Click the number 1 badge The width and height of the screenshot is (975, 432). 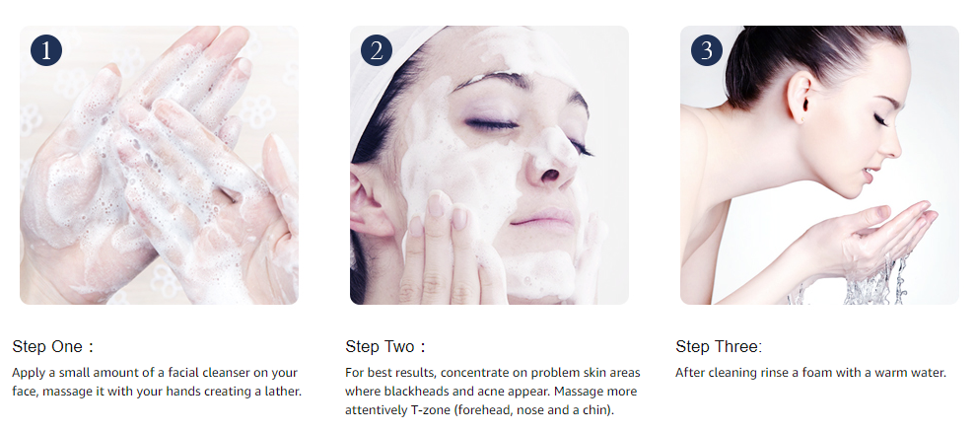[x=46, y=49]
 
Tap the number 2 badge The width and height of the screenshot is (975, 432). [x=377, y=49]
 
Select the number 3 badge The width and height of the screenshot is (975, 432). [x=707, y=49]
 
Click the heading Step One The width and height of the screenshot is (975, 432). [x=52, y=347]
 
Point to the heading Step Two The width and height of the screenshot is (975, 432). [x=384, y=347]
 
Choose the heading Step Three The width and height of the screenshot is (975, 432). [x=719, y=347]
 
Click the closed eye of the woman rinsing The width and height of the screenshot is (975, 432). [x=879, y=119]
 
